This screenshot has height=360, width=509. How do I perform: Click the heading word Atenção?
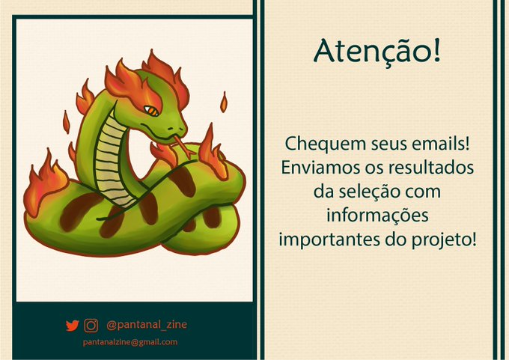tap(377, 52)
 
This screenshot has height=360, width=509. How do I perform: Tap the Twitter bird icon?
tap(73, 326)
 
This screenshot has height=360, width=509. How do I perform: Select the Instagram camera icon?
tap(91, 326)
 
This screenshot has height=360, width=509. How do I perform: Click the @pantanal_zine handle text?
tap(147, 325)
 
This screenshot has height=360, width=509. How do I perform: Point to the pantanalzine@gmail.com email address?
tap(130, 342)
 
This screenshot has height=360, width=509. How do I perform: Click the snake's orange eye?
tap(151, 111)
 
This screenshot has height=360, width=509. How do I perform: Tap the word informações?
tap(377, 216)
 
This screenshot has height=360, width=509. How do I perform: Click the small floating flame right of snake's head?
tap(223, 102)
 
